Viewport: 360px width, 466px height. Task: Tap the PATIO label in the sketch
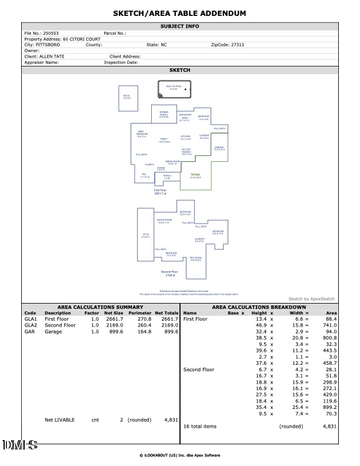coord(126,96)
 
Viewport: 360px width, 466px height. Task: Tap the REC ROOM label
coord(196,259)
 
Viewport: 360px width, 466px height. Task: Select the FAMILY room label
coord(164,140)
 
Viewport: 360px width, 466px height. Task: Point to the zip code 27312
coord(236,45)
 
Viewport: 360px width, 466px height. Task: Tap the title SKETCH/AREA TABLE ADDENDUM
coord(179,13)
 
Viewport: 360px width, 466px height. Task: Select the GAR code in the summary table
coord(29,331)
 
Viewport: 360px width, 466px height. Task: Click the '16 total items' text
coord(200,425)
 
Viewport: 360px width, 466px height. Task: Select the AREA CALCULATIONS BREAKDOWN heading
coord(258,307)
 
